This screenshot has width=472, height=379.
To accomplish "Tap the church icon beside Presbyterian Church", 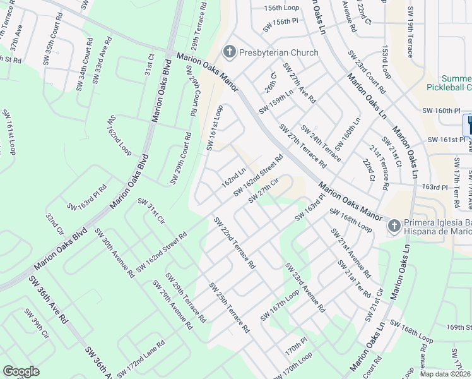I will [x=229, y=52].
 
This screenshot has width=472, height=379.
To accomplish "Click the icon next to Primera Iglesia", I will [x=394, y=226].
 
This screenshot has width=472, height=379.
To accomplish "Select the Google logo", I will [x=21, y=371].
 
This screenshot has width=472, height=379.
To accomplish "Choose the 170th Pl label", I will [x=295, y=346].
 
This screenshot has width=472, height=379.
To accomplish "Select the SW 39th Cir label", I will [x=36, y=323].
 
